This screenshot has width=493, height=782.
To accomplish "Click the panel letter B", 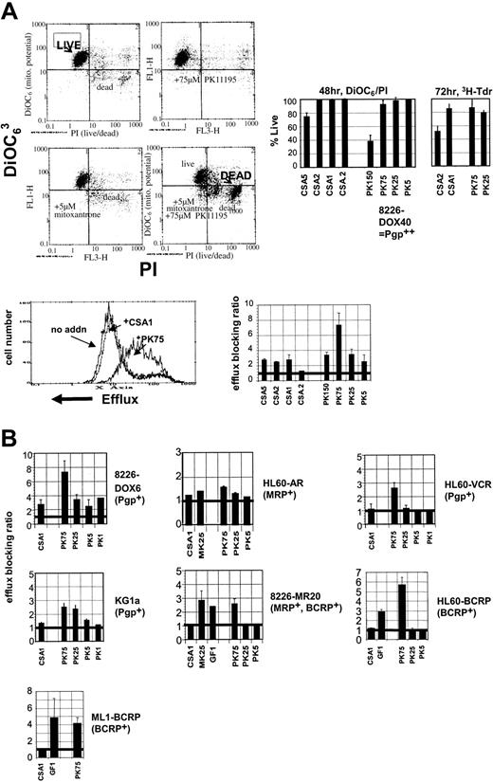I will pyautogui.click(x=12, y=414).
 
